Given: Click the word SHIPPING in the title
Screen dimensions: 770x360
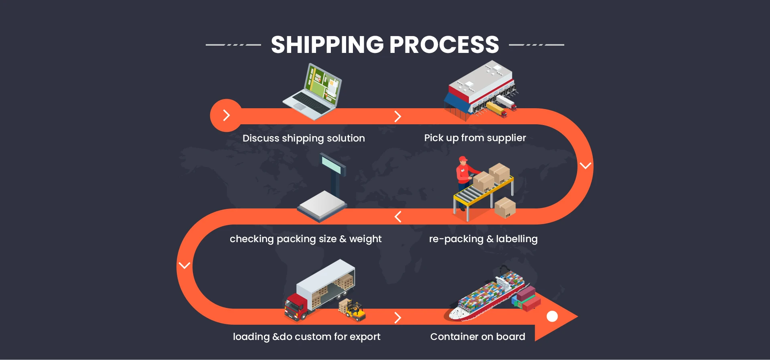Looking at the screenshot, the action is point(327,44).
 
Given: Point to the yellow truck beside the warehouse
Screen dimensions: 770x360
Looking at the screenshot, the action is point(496,109).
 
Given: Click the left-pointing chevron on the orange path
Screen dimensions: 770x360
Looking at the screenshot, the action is point(398,217).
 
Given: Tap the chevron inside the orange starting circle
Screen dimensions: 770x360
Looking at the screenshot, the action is point(227,115).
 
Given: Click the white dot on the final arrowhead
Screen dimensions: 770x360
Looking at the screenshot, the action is point(552,316).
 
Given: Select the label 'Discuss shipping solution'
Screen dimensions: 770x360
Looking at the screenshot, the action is point(304,138).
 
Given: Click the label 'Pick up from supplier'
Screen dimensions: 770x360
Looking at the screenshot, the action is point(475,138).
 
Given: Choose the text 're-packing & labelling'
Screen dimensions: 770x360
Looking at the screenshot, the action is point(483,239).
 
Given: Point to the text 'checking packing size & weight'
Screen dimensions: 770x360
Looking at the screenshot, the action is point(306,239).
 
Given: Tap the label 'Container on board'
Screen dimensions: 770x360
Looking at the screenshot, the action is point(478,337).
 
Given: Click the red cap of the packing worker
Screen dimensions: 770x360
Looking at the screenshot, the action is point(463,159).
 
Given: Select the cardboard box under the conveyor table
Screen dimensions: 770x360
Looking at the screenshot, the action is point(505,207).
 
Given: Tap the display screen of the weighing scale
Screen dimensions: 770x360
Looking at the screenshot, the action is point(332,165).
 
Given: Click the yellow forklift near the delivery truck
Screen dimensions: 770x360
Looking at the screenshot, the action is point(355,311).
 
